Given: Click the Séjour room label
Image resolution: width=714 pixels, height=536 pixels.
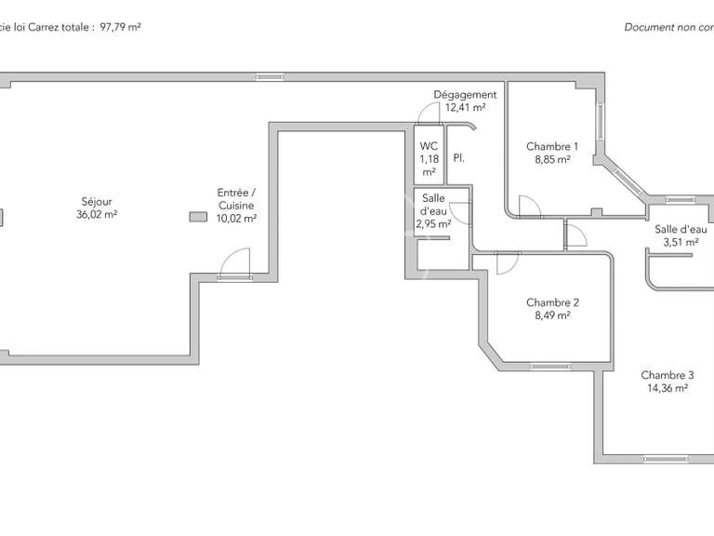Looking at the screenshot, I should click(97, 201).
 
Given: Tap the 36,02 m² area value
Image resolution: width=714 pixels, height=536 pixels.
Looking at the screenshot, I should click(97, 214).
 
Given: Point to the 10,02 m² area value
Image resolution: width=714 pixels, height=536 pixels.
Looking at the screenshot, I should click(236, 219).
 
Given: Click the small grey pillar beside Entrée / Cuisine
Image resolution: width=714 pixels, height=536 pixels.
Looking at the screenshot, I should click(197, 217).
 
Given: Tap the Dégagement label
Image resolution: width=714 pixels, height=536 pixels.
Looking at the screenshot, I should click(465, 95).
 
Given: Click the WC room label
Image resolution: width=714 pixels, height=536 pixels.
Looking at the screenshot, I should click(429, 146).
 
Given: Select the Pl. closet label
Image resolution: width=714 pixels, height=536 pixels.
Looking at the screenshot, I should click(459, 159).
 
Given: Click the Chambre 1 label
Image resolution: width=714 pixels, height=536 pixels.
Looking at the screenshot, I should click(552, 146).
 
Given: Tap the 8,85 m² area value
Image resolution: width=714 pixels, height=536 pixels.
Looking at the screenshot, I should click(552, 159).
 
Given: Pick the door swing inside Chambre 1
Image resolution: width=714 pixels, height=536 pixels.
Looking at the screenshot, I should click(527, 207).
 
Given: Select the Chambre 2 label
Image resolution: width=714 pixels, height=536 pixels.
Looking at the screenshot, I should click(552, 302).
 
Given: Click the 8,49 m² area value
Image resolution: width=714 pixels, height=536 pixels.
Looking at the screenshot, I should click(552, 315).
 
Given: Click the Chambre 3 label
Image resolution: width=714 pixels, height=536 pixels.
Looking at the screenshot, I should click(667, 375).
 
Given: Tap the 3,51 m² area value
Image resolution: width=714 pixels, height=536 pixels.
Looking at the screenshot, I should click(681, 242).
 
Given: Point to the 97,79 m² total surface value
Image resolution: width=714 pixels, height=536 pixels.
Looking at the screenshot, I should click(120, 27).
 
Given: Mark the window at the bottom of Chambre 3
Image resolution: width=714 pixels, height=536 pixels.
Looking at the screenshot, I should click(666, 458).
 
